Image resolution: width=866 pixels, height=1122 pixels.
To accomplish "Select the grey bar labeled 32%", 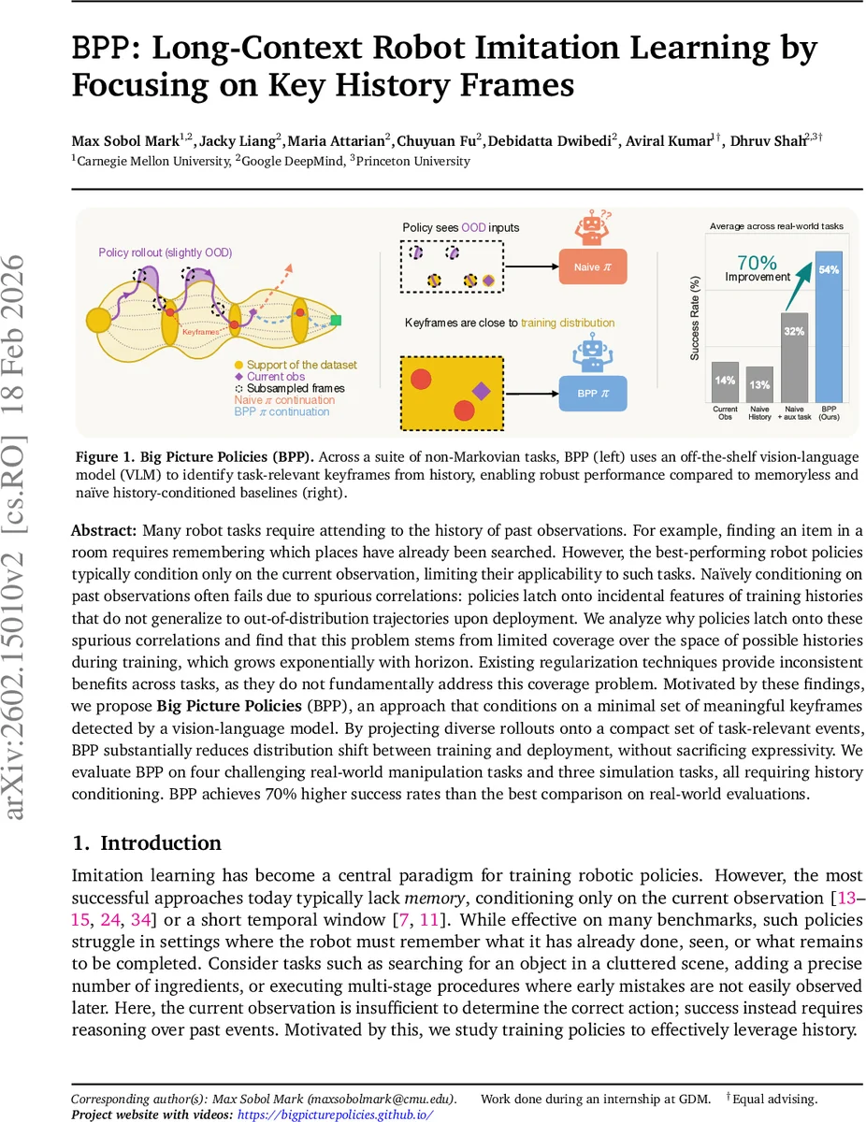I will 794,356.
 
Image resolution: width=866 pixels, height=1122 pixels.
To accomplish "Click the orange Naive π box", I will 592,267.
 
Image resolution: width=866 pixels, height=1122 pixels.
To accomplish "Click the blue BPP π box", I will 592,394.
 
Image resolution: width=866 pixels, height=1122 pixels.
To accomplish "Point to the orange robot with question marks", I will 591,227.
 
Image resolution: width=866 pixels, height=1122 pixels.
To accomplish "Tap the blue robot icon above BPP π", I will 591,354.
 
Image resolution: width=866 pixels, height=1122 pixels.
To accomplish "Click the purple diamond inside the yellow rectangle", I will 481,391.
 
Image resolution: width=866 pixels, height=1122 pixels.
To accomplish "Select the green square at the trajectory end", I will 336,321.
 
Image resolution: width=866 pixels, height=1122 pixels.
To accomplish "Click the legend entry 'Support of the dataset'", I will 295,365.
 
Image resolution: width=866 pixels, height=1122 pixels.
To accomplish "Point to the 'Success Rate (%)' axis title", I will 695,318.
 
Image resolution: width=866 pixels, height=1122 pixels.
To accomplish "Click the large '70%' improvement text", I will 758,262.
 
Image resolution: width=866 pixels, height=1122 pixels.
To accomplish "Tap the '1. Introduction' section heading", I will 147,842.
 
